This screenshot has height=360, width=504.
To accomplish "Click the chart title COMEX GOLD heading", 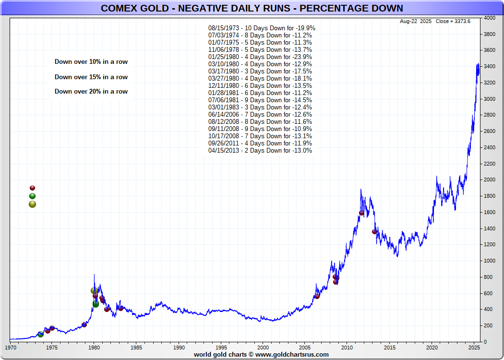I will [x=252, y=8].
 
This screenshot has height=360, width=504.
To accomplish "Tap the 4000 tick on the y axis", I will [x=490, y=18].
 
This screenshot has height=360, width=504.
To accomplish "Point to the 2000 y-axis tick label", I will [x=490, y=180].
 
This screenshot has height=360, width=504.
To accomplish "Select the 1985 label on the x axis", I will [x=136, y=347].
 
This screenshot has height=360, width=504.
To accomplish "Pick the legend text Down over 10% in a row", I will [x=91, y=62].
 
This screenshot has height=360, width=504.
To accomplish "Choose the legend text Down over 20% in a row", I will [x=91, y=92].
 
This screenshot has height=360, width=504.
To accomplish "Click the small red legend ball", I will [x=32, y=188].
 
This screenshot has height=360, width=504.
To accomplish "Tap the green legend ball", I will [x=32, y=196].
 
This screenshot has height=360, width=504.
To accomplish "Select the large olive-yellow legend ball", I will [x=32, y=204].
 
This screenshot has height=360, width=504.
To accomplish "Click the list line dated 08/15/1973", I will [x=262, y=28].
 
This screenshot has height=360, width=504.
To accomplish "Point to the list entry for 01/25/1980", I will [x=260, y=57].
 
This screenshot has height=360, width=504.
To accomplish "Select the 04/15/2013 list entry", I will [x=260, y=151].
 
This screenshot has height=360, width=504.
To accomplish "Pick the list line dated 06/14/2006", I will [x=260, y=115].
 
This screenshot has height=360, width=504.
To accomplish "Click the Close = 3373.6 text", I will [x=453, y=22].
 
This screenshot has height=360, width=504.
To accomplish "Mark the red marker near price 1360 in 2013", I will [x=374, y=231].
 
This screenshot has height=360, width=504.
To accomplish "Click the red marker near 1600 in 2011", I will [x=361, y=213].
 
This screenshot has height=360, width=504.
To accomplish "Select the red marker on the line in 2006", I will [x=317, y=296].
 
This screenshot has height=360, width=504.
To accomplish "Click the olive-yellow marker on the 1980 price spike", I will [x=94, y=291].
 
